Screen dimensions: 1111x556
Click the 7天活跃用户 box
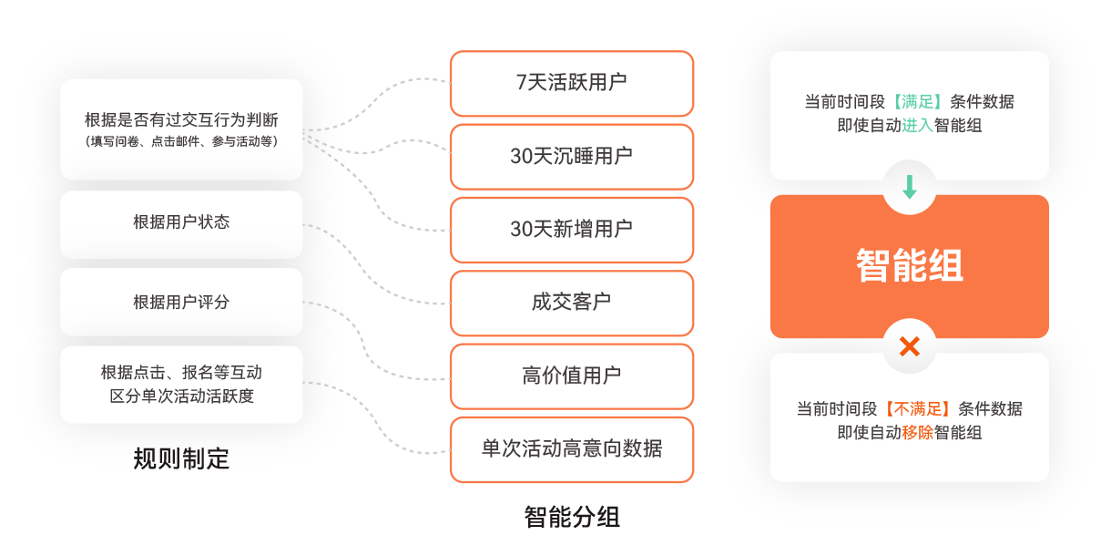(x=571, y=84)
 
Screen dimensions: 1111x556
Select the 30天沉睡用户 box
(x=571, y=157)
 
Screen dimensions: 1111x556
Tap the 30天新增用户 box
(x=571, y=230)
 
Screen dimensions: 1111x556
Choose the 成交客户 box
(x=571, y=303)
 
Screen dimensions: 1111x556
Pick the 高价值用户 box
(x=571, y=376)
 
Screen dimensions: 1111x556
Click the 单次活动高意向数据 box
(x=571, y=449)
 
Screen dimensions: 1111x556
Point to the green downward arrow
(x=909, y=187)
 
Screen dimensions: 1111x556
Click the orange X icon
(x=909, y=346)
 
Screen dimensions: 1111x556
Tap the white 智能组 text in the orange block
(x=909, y=265)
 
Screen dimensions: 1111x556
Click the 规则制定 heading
(x=181, y=458)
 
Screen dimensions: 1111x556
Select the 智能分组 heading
(x=571, y=517)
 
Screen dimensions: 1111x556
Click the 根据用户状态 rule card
(x=181, y=224)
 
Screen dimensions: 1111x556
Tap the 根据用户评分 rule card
(x=181, y=302)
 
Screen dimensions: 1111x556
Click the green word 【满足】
(x=917, y=102)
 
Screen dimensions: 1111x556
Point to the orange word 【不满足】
(x=917, y=409)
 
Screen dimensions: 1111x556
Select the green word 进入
(x=917, y=125)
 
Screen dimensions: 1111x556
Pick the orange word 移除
(x=917, y=432)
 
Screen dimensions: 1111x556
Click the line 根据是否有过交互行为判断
(x=181, y=119)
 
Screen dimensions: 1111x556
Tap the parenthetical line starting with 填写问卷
(x=181, y=141)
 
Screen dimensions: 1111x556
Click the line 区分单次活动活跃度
(x=181, y=396)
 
